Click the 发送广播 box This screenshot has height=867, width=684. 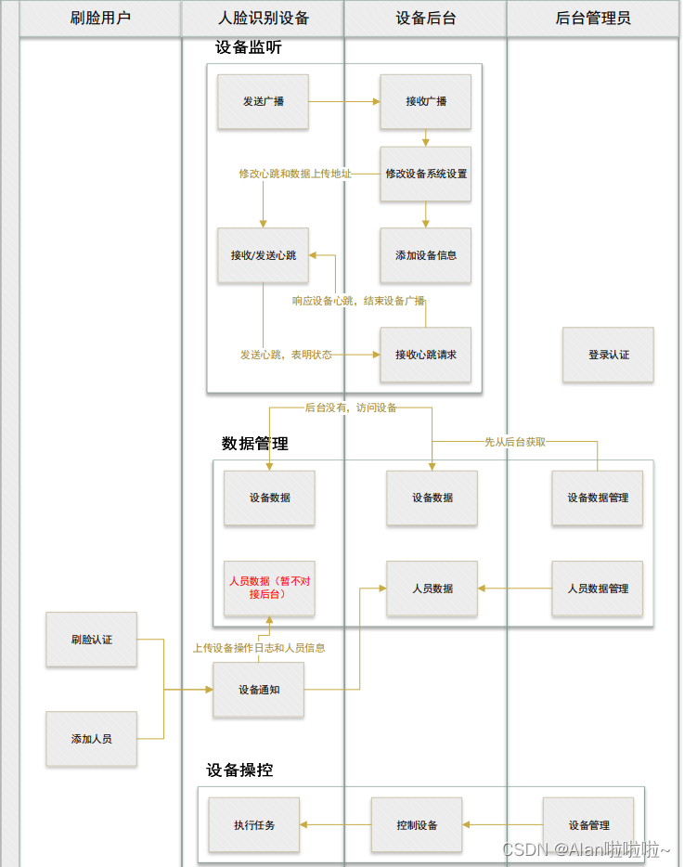click(263, 101)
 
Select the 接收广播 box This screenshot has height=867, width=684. click(426, 101)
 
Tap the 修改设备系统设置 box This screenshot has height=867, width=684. click(426, 174)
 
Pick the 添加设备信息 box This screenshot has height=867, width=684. click(426, 255)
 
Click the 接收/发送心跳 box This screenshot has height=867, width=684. click(263, 255)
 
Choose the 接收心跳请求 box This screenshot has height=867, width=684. click(426, 355)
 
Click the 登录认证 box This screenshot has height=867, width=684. click(608, 355)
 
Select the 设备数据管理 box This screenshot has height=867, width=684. click(598, 498)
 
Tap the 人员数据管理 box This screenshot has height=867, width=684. click(598, 589)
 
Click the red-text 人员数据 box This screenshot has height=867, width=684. click(269, 589)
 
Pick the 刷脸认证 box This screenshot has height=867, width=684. click(92, 640)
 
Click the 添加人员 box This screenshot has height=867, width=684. click(92, 739)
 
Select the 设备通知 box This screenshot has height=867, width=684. click(259, 690)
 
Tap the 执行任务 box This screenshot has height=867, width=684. click(254, 825)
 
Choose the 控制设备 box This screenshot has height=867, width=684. click(417, 825)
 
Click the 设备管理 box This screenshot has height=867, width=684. click(588, 825)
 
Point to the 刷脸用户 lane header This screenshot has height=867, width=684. click(100, 19)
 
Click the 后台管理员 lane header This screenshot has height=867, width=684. click(593, 19)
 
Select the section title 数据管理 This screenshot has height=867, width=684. click(255, 444)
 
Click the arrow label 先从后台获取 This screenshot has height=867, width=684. click(515, 442)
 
